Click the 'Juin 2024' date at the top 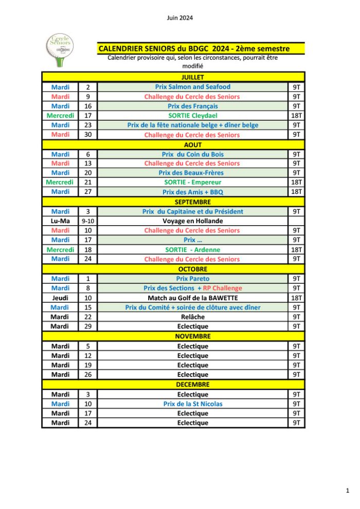(x=179, y=18)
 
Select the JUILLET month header (x=192, y=77)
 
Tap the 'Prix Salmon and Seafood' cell (x=192, y=87)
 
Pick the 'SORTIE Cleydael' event (x=192, y=116)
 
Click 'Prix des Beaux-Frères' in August (x=192, y=173)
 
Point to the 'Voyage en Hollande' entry (x=192, y=221)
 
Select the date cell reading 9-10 (x=88, y=221)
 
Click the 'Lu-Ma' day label (x=60, y=221)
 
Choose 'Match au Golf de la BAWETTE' (x=192, y=298)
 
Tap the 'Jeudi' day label (x=60, y=298)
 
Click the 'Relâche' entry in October (x=192, y=317)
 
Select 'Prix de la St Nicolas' (x=192, y=404)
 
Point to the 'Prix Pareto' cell (x=192, y=279)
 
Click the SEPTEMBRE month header (x=192, y=202)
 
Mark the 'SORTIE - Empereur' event (x=192, y=183)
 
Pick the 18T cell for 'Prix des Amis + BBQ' (x=296, y=192)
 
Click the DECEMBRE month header (x=192, y=384)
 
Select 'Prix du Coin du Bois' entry (x=192, y=154)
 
